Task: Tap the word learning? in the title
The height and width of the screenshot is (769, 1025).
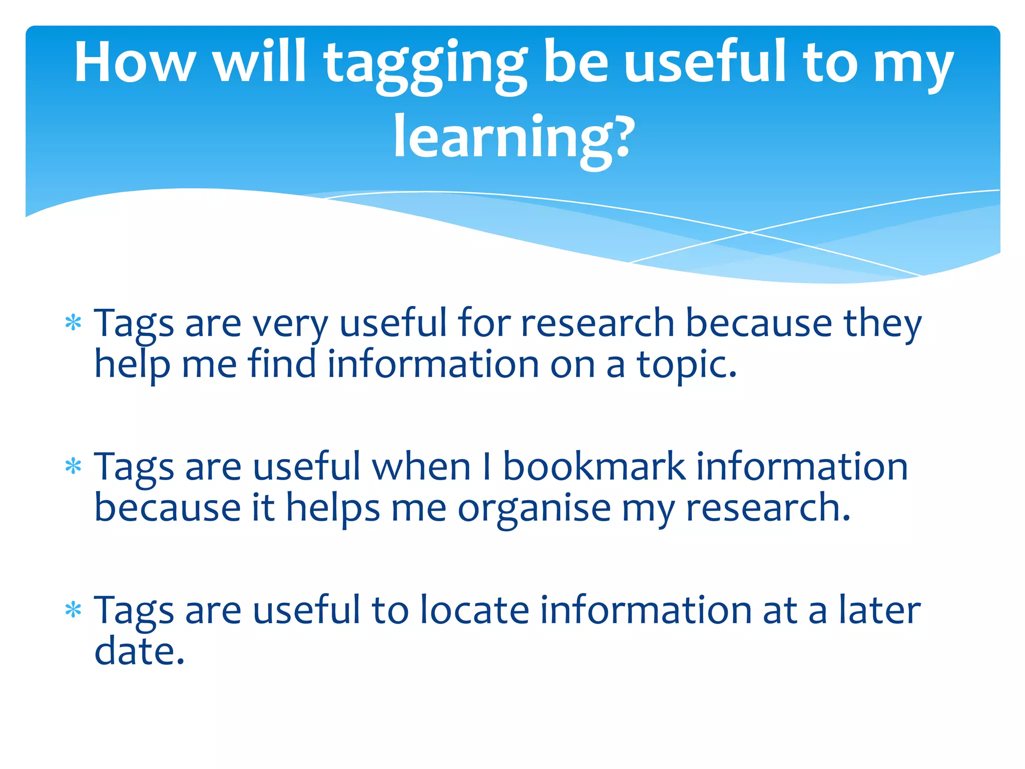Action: tap(514, 138)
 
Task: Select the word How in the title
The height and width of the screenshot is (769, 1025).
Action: tap(134, 63)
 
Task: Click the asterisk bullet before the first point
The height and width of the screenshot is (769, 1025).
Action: tap(73, 323)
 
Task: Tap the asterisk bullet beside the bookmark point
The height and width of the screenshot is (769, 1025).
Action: tap(73, 467)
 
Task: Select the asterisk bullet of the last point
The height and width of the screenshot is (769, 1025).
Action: tap(73, 610)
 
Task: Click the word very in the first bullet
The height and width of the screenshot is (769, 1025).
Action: tap(290, 324)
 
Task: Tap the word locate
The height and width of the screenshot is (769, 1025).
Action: tap(474, 610)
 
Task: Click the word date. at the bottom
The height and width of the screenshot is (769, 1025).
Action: tap(139, 651)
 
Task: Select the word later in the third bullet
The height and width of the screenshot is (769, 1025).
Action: tap(879, 610)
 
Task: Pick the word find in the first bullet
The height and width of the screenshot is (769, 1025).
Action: tap(282, 364)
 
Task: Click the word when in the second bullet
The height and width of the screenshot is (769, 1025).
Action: tap(421, 467)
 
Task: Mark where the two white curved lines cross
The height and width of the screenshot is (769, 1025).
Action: tap(749, 232)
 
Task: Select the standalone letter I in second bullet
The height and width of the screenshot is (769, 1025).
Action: tap(486, 467)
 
